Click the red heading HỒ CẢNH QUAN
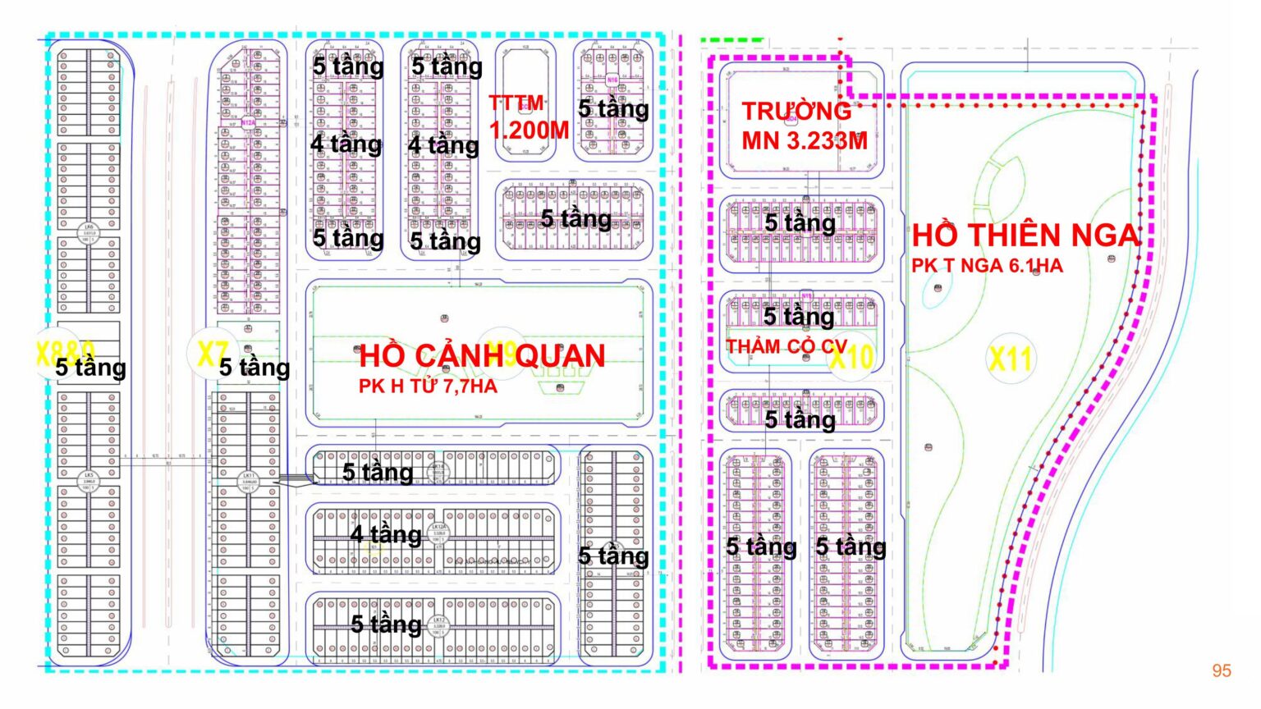(x=482, y=355)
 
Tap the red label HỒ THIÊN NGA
(x=1026, y=236)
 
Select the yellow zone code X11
(x=1010, y=359)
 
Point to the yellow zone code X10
(x=851, y=358)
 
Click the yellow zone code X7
(x=211, y=353)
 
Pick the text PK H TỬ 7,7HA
(x=428, y=386)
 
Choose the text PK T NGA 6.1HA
(x=987, y=266)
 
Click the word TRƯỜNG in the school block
(x=796, y=111)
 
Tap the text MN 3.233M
(x=805, y=141)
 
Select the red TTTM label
(x=516, y=103)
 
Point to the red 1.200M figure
(x=530, y=130)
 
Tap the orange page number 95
(x=1222, y=670)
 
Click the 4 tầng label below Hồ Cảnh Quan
(x=386, y=534)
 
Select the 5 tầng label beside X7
(x=254, y=367)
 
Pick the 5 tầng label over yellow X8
(x=91, y=367)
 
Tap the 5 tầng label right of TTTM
(x=613, y=108)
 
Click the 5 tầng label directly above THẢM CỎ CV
(x=799, y=316)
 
